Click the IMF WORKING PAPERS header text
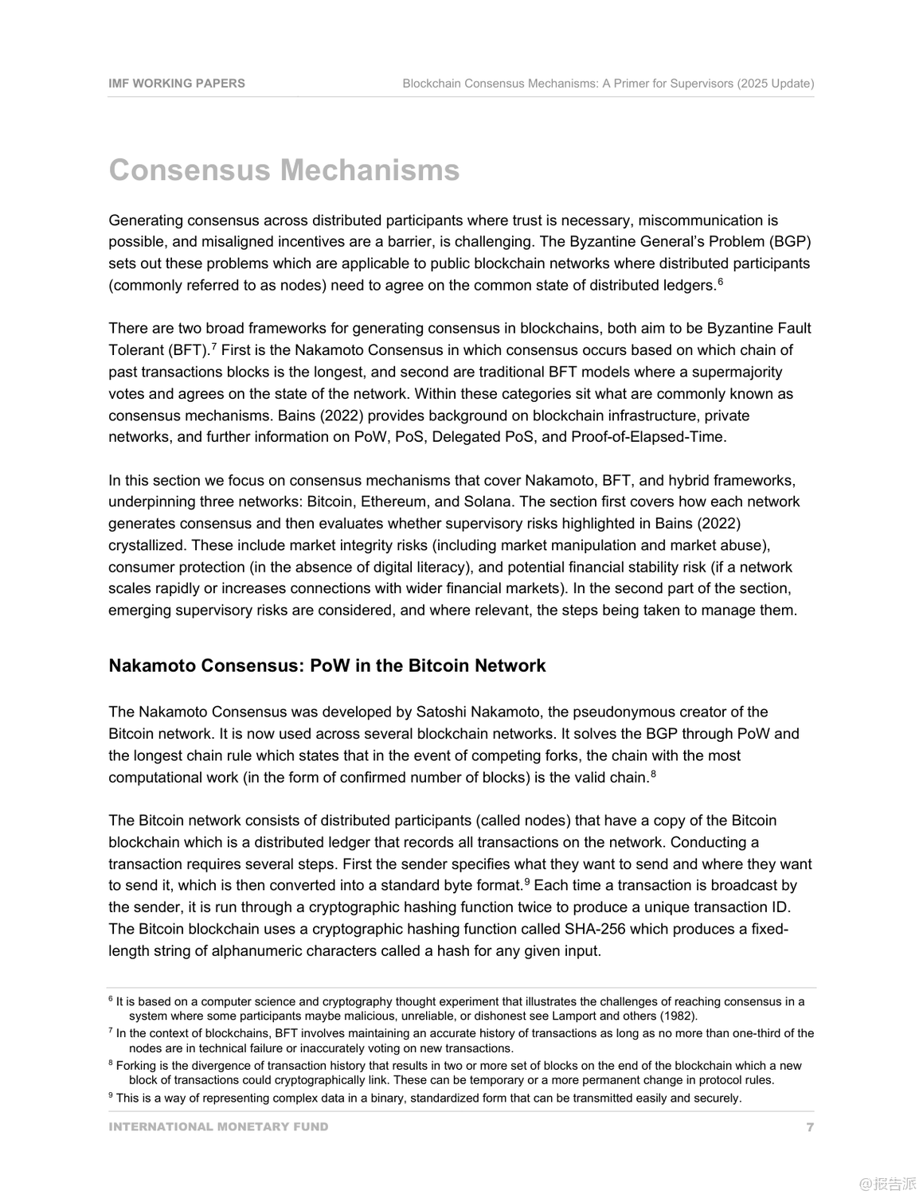tap(177, 84)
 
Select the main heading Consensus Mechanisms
tap(284, 170)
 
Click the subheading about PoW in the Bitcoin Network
tap(327, 666)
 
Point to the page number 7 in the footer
tap(810, 1127)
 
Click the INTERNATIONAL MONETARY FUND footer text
tap(218, 1127)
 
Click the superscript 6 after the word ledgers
tap(720, 281)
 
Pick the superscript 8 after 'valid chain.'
tap(653, 773)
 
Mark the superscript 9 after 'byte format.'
tap(526, 881)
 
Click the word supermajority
tap(737, 373)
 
